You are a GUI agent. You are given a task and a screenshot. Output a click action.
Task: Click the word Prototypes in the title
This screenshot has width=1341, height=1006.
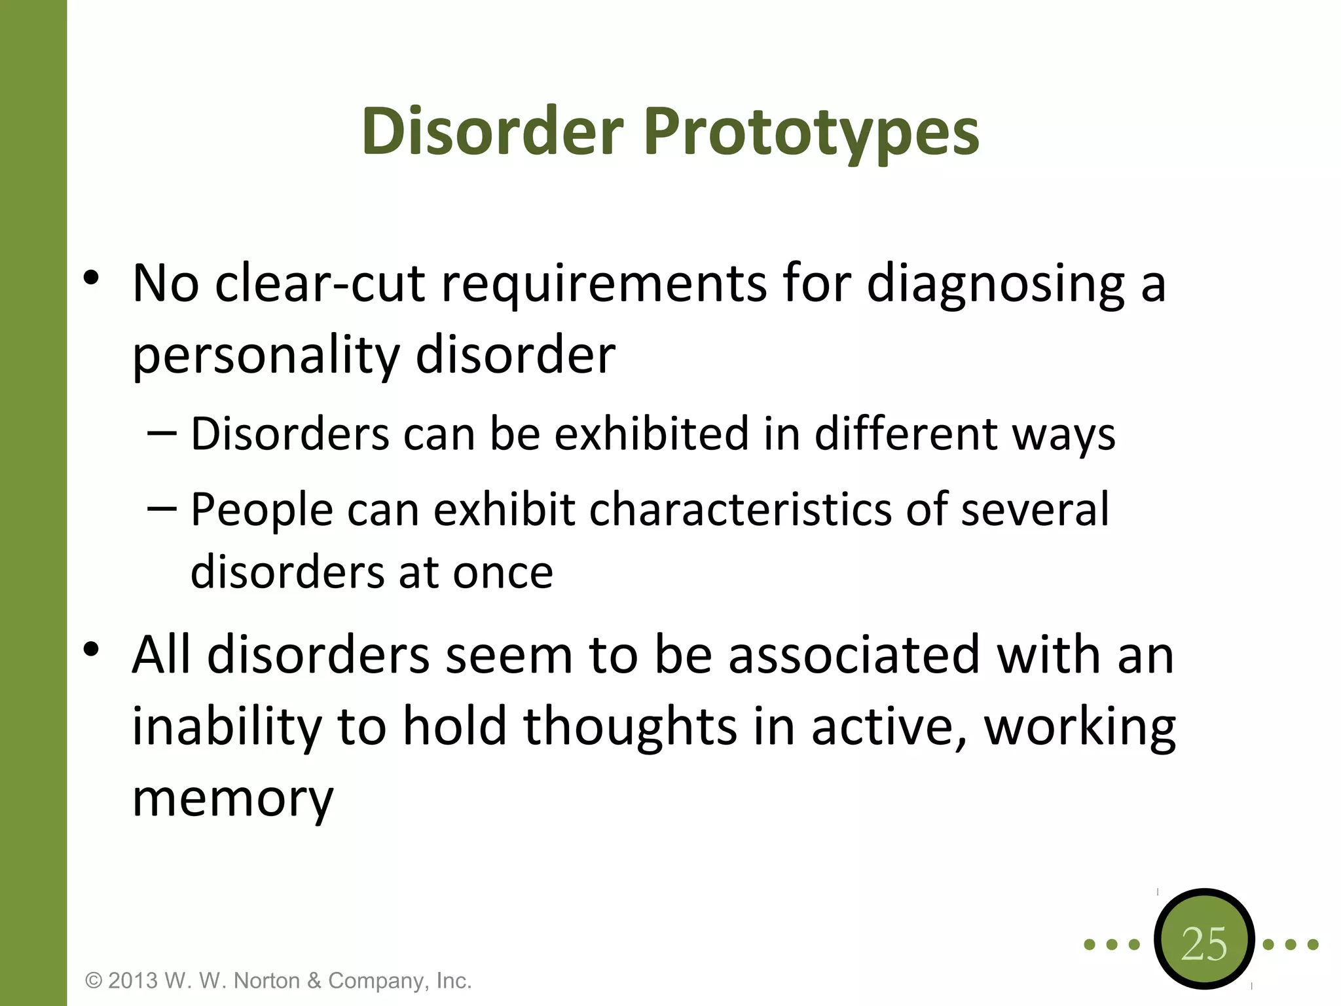pos(812,132)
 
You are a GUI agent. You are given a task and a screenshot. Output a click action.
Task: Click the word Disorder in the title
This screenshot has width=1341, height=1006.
pos(492,132)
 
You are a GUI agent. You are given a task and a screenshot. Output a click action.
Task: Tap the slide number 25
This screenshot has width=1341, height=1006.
pos(1203,944)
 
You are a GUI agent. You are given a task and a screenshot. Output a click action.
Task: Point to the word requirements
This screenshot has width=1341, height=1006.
pos(604,284)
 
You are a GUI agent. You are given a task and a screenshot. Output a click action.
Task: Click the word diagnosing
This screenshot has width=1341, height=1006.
pos(995,284)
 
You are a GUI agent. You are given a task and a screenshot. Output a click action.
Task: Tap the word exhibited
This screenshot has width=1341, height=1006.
pos(652,434)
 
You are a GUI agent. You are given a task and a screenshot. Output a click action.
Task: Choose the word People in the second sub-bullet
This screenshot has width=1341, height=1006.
pos(261,510)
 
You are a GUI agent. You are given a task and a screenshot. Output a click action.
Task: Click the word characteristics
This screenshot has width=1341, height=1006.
pos(740,510)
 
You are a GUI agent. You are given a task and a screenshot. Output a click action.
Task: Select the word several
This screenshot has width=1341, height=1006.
pos(1035,510)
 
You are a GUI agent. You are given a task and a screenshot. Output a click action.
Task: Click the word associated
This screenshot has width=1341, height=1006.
pos(854,655)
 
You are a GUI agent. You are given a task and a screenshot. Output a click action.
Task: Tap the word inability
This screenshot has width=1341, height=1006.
pos(227,726)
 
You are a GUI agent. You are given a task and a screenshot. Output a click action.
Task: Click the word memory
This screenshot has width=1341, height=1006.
pos(233,799)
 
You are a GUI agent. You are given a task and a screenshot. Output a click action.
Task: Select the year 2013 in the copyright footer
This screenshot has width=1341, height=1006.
pos(133,980)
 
